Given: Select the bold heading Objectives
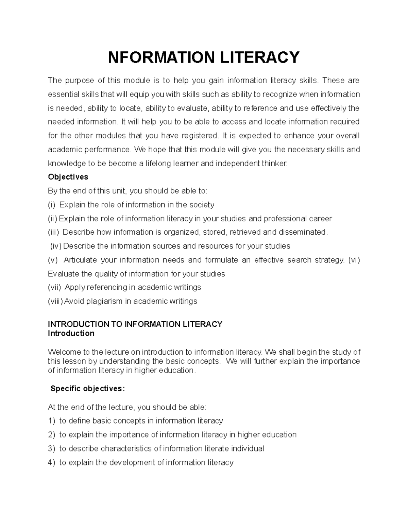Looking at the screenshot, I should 68,177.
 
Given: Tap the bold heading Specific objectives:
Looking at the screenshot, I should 88,389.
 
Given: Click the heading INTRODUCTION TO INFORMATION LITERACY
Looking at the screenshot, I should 135,324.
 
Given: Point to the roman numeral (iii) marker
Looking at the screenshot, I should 53,232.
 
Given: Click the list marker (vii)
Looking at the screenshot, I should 54,288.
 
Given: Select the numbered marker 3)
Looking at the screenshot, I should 51,449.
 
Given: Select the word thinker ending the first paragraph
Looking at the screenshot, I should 274,164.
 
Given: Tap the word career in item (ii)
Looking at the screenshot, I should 320,219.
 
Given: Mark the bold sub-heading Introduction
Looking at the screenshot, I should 71,334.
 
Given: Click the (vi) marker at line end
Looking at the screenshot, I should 354,260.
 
